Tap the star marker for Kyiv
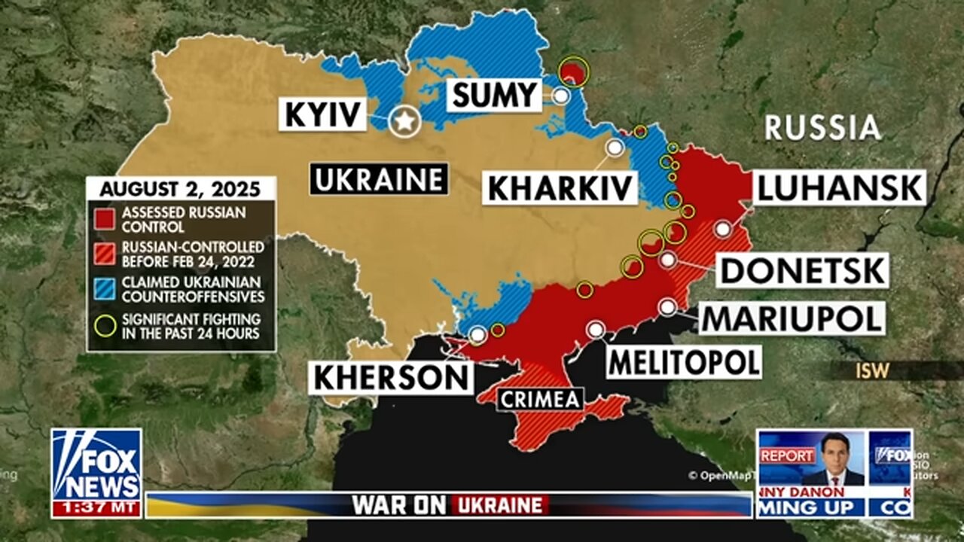(x=405, y=121)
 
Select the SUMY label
(x=494, y=96)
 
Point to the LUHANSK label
(x=839, y=187)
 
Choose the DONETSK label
(x=803, y=270)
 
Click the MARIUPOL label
(x=792, y=318)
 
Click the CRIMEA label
(x=540, y=398)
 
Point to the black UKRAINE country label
(x=378, y=179)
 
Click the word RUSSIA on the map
(x=822, y=127)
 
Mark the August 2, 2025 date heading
(x=181, y=188)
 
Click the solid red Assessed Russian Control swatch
(x=105, y=218)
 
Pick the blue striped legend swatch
(x=105, y=289)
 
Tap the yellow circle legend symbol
(x=105, y=325)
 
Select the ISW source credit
(x=872, y=370)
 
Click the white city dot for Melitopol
(x=596, y=329)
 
